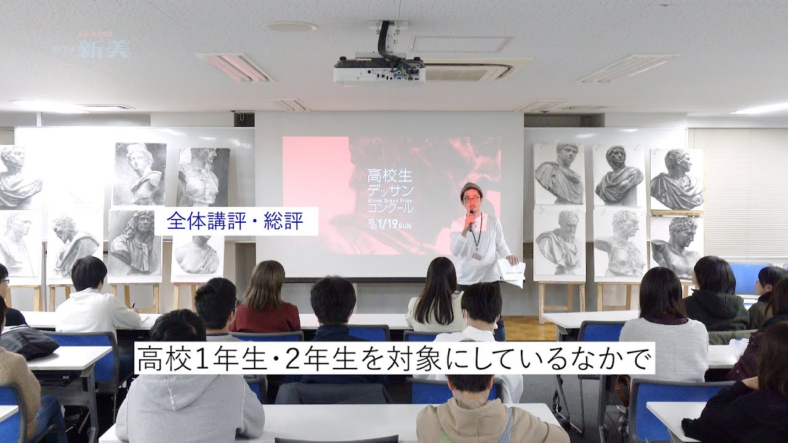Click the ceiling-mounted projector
point(379,73)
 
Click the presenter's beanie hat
point(470,188)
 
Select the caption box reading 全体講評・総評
point(236,221)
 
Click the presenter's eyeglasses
point(470,199)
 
